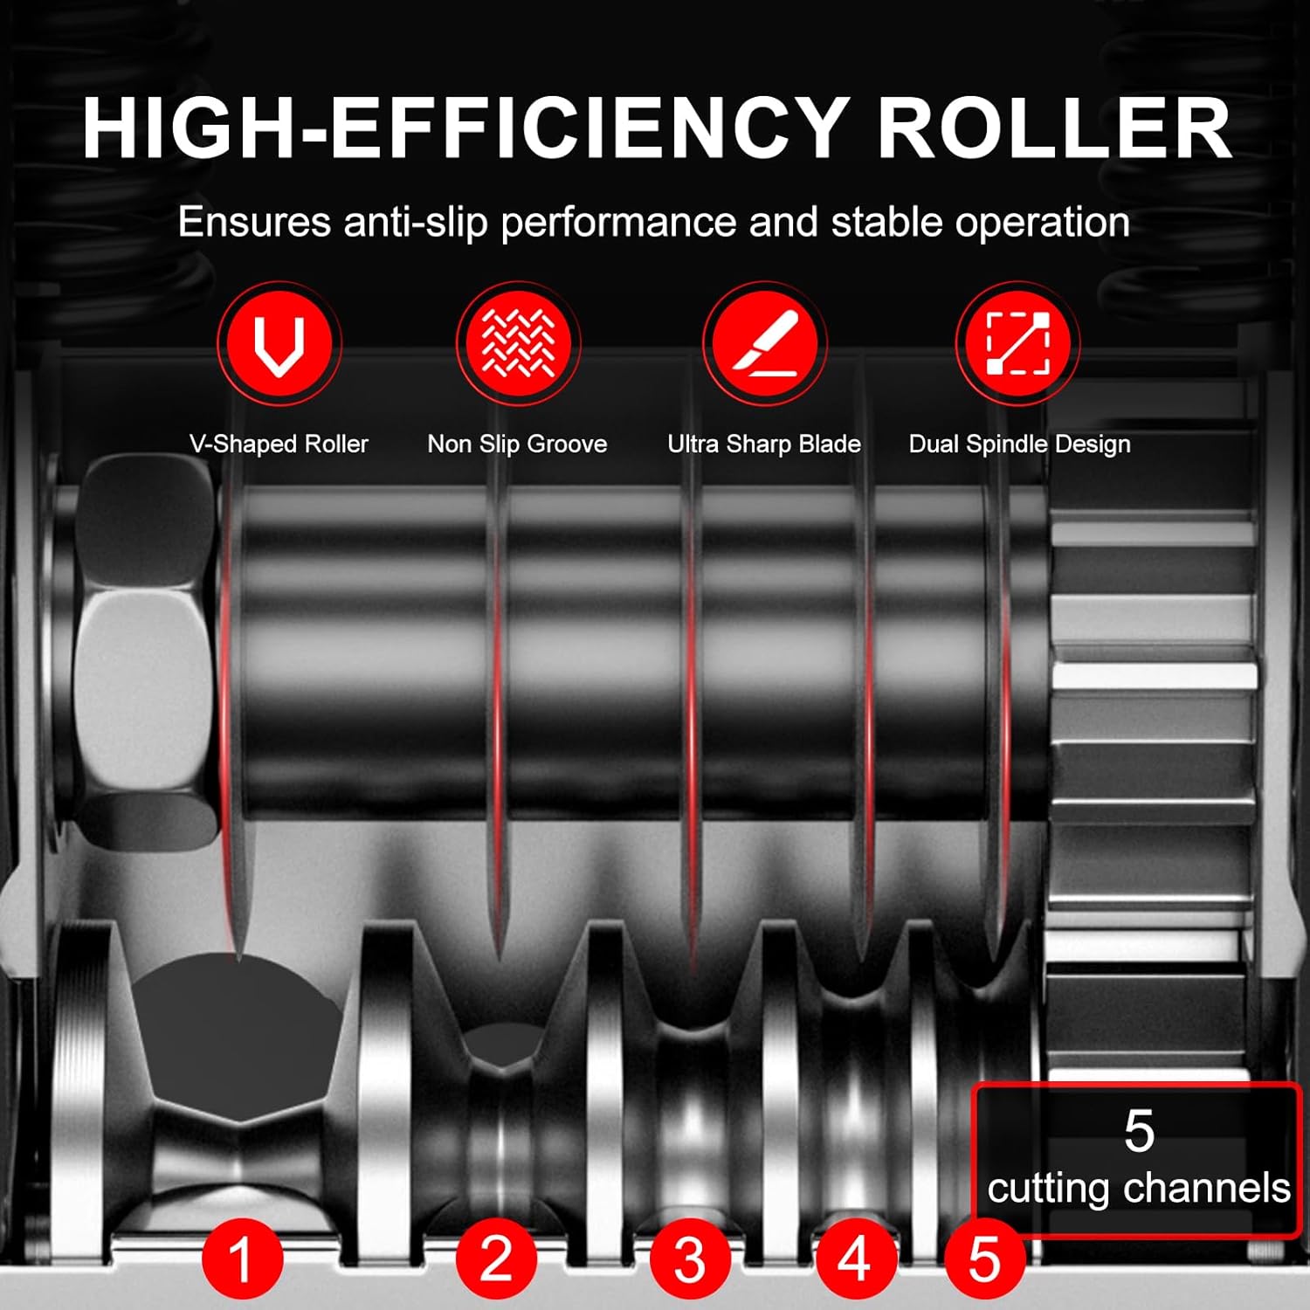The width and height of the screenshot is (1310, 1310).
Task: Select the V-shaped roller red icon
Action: [x=279, y=342]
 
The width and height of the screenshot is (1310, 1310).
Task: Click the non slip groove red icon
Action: [x=518, y=342]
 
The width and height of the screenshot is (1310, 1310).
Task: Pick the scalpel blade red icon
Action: [x=764, y=342]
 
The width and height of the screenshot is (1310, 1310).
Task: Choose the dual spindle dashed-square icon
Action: [x=1017, y=342]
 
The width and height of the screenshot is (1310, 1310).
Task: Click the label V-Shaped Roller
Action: [x=279, y=444]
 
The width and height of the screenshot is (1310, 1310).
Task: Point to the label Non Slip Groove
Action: [x=517, y=444]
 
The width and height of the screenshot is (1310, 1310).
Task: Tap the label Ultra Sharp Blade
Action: [x=764, y=444]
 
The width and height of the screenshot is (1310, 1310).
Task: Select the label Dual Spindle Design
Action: [x=1019, y=444]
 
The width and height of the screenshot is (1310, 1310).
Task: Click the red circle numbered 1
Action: [x=242, y=1259]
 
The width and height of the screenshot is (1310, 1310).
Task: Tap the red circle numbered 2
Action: [x=496, y=1258]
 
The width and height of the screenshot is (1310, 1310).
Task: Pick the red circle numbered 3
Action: [x=690, y=1259]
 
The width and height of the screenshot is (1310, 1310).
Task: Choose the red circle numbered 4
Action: [x=853, y=1259]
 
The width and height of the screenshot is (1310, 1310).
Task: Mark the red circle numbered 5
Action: [x=984, y=1259]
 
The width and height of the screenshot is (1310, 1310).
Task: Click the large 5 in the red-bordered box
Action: [x=1139, y=1132]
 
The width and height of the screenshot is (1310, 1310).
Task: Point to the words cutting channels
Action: [x=1139, y=1189]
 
